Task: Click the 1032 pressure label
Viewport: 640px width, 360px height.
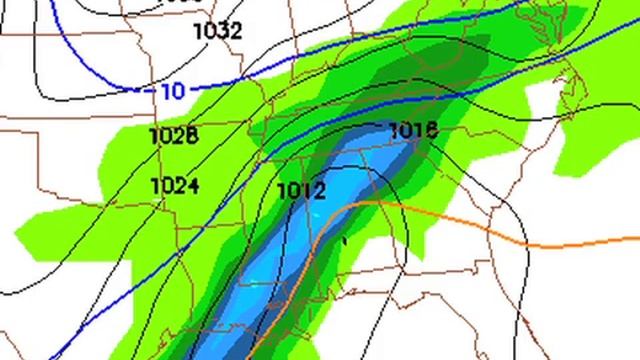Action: (217, 31)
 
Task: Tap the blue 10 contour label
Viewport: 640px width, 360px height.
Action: (172, 91)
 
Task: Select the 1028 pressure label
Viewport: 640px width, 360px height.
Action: (173, 136)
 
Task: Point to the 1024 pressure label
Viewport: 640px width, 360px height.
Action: (174, 185)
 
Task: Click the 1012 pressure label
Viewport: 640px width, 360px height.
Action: (300, 190)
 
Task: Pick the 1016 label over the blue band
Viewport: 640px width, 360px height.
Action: (412, 131)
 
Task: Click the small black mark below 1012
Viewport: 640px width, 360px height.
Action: (344, 240)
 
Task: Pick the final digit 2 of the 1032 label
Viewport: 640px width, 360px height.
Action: (235, 31)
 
